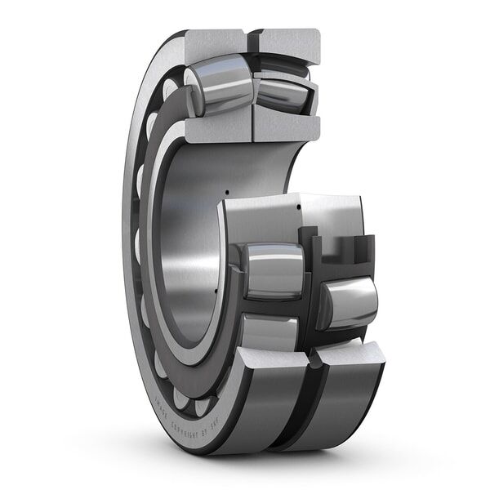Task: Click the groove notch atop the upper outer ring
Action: tap(248, 36)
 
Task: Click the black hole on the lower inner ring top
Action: tap(298, 207)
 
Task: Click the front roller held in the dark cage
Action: tap(274, 270)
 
